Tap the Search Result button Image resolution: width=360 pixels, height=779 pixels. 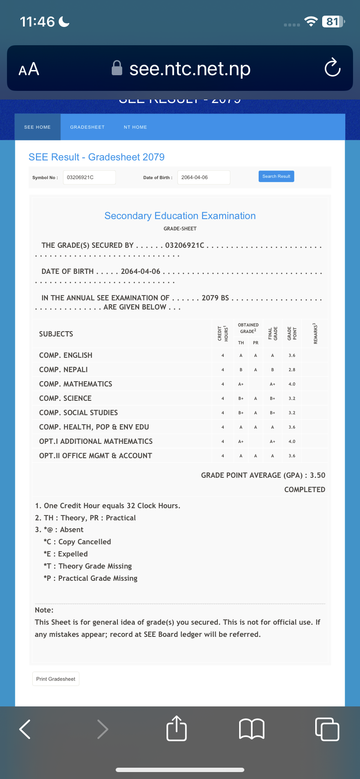(x=276, y=176)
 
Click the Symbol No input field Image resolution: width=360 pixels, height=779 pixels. (x=89, y=177)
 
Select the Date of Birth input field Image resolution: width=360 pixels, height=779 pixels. (x=203, y=177)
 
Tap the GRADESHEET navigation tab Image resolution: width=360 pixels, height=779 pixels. (x=87, y=127)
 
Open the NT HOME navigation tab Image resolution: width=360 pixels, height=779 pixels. (x=135, y=127)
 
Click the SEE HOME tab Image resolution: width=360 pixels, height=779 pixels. (x=37, y=127)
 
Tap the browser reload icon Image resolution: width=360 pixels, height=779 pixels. (x=332, y=68)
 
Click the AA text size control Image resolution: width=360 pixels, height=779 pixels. (x=29, y=69)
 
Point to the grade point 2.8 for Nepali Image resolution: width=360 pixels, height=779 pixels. (x=292, y=370)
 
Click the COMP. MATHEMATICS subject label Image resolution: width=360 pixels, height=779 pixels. (x=76, y=384)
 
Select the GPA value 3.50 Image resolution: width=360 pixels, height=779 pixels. (x=317, y=476)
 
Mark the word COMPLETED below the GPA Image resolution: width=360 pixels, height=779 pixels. (x=304, y=490)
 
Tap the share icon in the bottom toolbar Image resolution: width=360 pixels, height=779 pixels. (x=177, y=729)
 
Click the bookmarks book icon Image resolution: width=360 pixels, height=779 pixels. (x=252, y=729)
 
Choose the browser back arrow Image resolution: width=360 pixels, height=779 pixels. (x=25, y=729)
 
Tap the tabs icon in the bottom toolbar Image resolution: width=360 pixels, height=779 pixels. (x=327, y=729)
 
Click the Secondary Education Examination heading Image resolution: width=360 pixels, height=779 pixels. (x=180, y=216)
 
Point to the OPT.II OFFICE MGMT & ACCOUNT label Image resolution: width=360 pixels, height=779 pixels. (x=96, y=456)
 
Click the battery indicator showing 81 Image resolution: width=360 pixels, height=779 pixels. (x=333, y=22)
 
